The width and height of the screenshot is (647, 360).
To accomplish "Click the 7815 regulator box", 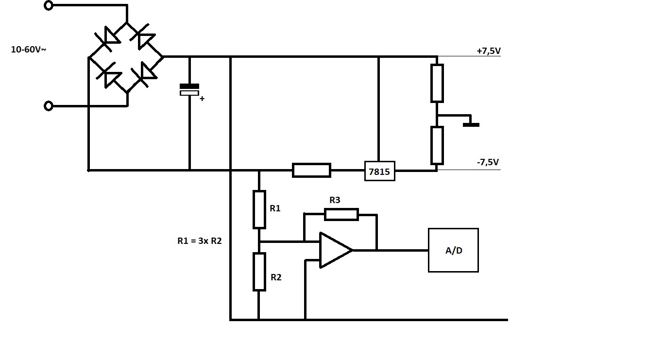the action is click(379, 171).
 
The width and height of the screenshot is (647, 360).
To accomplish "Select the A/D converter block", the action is click(453, 250).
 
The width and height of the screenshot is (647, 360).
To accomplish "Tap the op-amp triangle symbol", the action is click(336, 250).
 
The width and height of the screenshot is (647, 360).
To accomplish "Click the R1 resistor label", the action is click(275, 208).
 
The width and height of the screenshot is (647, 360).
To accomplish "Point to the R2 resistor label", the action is click(276, 277).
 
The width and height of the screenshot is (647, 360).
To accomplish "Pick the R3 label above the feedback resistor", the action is click(335, 200).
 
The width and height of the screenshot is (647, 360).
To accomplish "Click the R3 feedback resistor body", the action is click(341, 214).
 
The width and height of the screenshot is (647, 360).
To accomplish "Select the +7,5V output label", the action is click(489, 51).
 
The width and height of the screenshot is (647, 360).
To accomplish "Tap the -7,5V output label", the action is click(488, 162).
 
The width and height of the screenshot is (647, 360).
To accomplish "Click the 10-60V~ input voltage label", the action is click(28, 50).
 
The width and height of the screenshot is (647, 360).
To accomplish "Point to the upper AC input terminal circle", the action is click(48, 5).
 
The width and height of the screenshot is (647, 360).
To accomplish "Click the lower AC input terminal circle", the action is click(48, 106).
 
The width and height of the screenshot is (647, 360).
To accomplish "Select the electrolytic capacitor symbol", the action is click(189, 89).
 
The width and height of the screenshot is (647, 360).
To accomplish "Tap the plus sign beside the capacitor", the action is click(202, 99).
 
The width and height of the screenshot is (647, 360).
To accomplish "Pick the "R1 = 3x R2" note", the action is click(199, 240).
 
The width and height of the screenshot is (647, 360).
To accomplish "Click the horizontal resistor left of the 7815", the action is click(311, 170).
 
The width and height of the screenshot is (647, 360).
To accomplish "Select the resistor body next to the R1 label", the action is click(259, 209).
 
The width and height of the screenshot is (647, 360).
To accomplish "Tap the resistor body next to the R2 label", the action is click(259, 272).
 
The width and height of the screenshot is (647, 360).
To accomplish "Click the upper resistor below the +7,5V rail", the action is click(437, 83).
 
